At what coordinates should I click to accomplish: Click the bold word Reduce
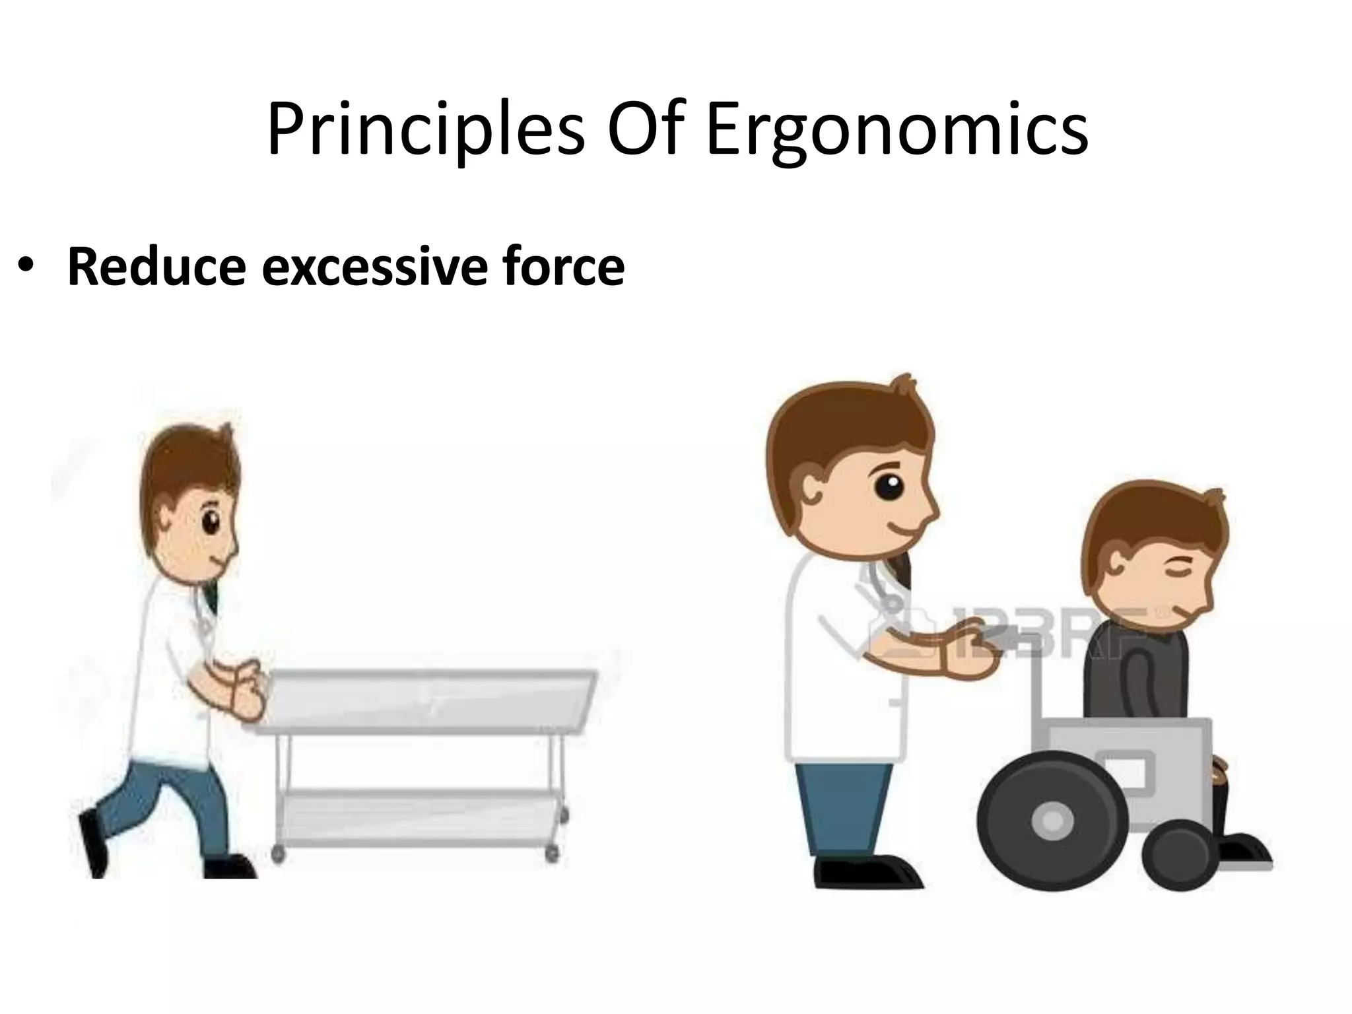coord(156,267)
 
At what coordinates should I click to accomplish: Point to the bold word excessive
coord(375,267)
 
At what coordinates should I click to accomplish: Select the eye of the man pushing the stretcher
coord(210,524)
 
